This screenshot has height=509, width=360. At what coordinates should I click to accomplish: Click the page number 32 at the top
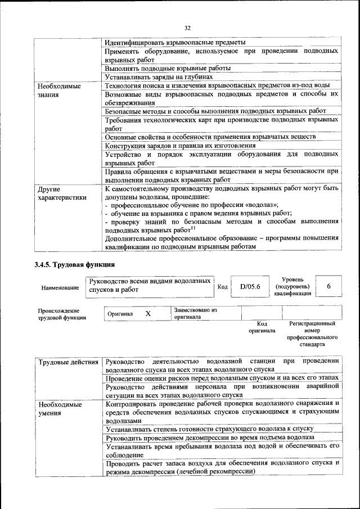click(187, 26)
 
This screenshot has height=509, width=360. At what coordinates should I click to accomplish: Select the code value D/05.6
click(250, 286)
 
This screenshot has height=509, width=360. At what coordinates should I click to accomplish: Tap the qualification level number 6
click(328, 286)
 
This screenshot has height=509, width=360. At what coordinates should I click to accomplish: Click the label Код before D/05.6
click(222, 287)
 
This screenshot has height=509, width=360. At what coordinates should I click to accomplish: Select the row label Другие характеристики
click(62, 193)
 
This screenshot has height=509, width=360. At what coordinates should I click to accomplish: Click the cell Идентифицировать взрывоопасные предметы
click(175, 43)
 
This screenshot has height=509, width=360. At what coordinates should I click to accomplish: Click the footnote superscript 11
click(193, 227)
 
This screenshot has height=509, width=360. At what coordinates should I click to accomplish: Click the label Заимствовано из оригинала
click(195, 313)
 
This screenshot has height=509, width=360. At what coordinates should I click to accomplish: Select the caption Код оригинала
click(262, 327)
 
